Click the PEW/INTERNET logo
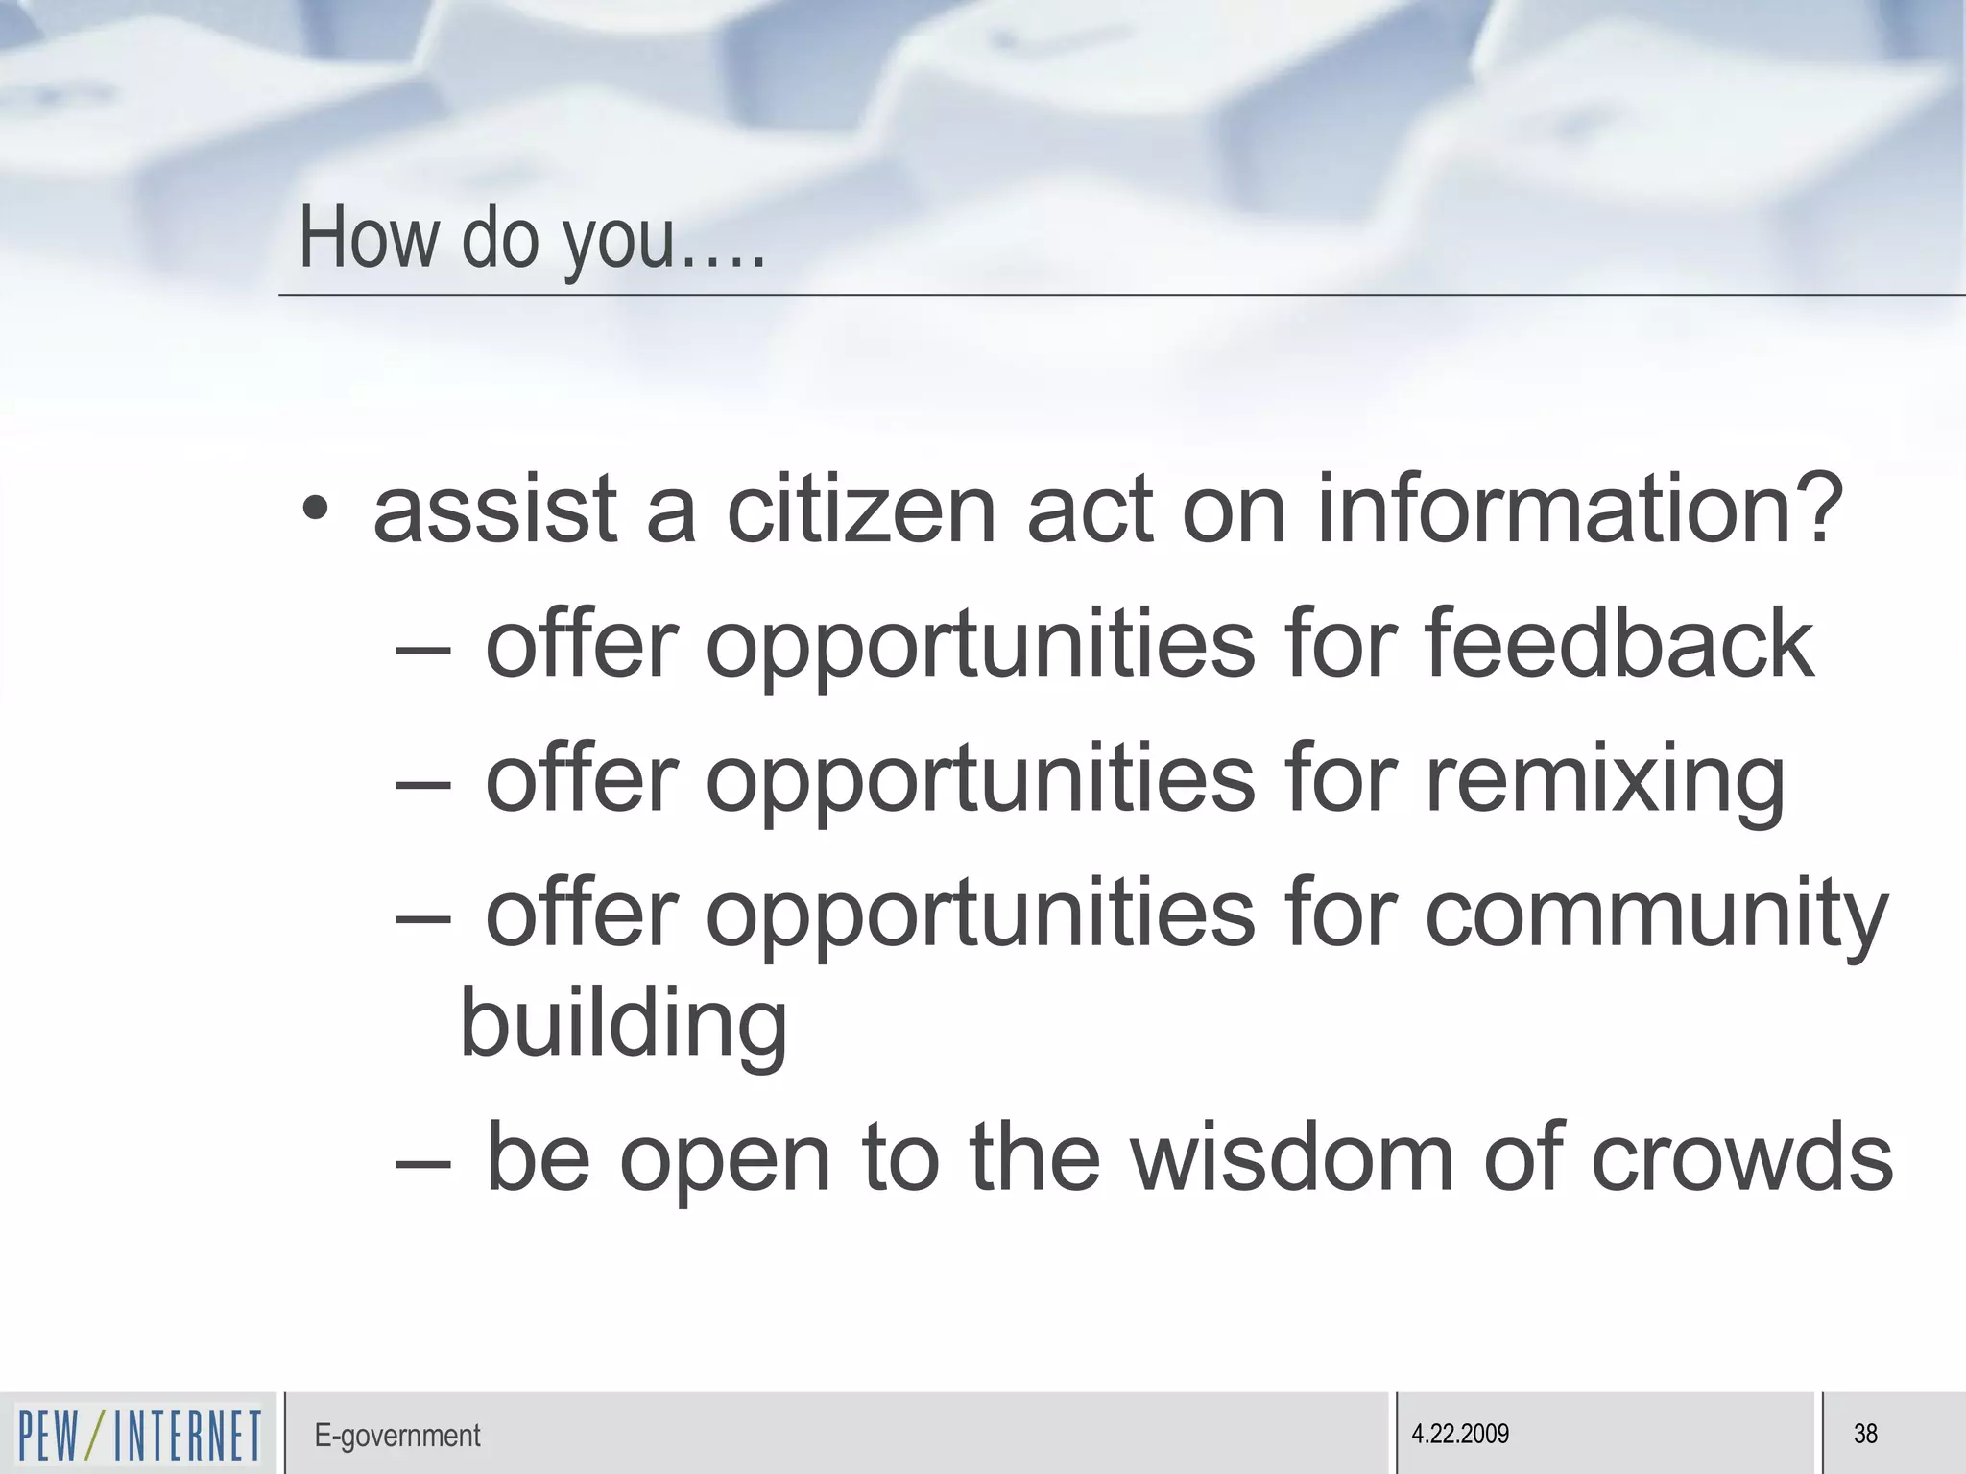(139, 1434)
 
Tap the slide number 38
(1865, 1434)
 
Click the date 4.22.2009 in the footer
(1460, 1434)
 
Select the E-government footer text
(396, 1436)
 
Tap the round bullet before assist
(315, 509)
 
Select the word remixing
(1605, 779)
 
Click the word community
(1656, 914)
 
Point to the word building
(624, 1024)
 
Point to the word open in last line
(725, 1161)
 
